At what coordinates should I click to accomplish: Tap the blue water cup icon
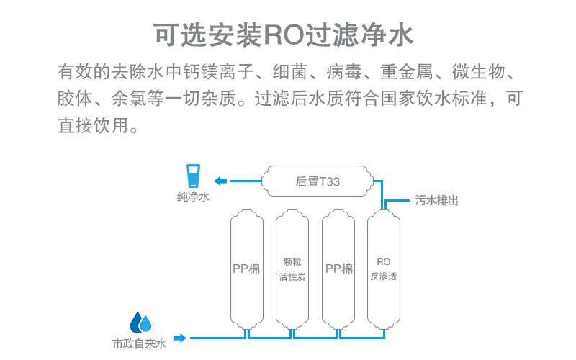193,176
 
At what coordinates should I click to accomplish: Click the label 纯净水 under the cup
193,197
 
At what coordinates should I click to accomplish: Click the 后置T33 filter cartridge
318,181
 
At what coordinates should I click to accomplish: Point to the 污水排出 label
436,201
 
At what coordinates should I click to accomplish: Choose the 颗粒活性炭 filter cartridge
292,269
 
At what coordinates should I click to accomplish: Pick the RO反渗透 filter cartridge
383,269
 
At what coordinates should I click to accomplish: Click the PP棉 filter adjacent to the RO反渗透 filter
338,269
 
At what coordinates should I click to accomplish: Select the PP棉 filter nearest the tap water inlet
246,269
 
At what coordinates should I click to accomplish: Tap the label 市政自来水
139,344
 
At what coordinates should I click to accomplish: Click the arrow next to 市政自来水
179,337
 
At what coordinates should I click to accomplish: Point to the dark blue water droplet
136,322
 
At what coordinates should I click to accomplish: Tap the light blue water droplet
147,323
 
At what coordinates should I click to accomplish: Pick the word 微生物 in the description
480,73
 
